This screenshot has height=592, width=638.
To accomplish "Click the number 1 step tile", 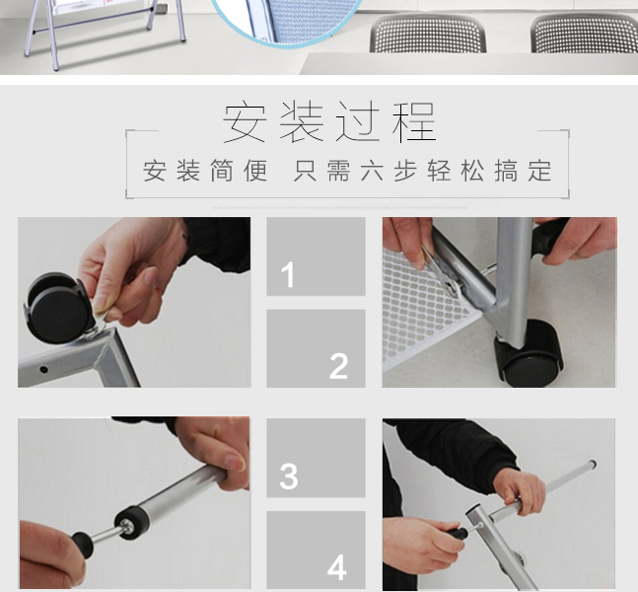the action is tap(316, 257).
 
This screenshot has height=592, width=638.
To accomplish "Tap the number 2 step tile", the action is tap(316, 348).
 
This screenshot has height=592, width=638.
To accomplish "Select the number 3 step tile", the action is tap(316, 458).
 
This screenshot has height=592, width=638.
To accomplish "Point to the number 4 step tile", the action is tap(316, 550).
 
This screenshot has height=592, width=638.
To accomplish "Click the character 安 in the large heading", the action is tap(245, 122).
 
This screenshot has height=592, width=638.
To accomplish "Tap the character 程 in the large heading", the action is tap(414, 122).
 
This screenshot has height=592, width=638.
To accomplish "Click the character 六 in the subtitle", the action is tap(372, 171).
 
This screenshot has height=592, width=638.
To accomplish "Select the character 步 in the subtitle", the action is tap(405, 171).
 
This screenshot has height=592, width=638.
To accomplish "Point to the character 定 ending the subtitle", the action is tap(539, 171).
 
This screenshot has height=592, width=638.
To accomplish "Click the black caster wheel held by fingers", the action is tap(58, 308).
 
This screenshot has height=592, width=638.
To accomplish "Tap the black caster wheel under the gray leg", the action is tap(529, 353).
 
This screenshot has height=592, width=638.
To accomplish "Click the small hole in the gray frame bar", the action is tap(43, 370).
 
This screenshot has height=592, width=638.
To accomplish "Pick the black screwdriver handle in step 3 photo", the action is tap(83, 544).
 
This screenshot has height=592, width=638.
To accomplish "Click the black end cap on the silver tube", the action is tap(130, 522).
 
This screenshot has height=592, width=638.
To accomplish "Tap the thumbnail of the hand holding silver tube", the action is tap(134, 502).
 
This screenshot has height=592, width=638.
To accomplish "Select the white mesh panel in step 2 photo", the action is tap(423, 310).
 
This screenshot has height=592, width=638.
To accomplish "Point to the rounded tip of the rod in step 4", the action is tap(593, 464).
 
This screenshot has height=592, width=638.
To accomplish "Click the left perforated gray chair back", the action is tap(428, 34).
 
